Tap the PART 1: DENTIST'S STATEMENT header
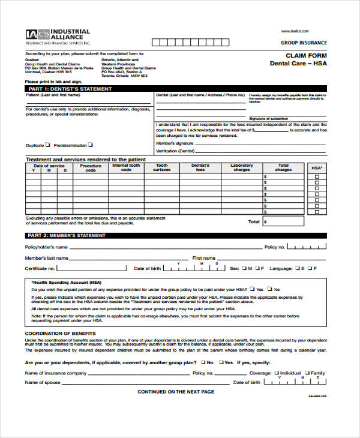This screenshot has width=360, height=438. (70, 89)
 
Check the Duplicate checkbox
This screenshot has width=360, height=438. (49, 145)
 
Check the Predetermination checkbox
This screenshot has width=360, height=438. (91, 145)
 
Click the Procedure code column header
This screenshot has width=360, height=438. (91, 167)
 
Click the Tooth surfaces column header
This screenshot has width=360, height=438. (162, 167)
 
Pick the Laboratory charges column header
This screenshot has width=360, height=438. (242, 167)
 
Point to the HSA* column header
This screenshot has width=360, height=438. (317, 167)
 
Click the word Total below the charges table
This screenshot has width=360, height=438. (254, 221)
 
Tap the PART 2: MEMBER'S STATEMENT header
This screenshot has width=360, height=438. (67, 236)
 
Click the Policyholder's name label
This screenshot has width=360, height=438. (46, 247)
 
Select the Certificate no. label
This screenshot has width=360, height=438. (40, 268)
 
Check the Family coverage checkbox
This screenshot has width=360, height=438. (307, 373)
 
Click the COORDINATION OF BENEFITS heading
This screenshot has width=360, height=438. (60, 333)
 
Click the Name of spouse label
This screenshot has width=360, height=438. (42, 382)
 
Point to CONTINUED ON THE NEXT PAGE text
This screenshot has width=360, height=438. (176, 392)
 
